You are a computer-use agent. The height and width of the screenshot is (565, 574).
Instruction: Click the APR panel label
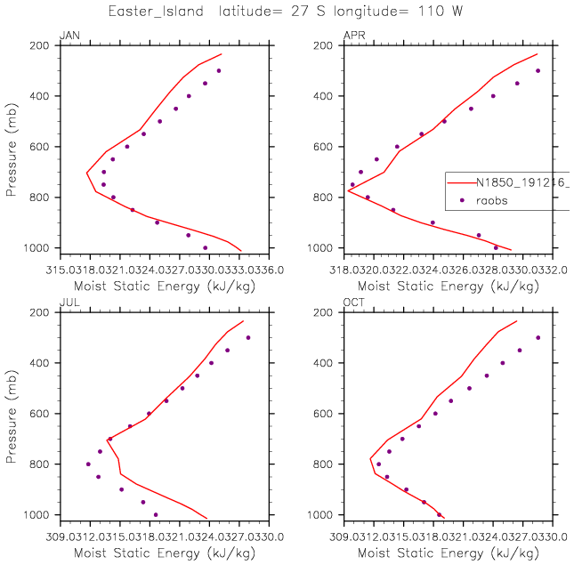[352, 36]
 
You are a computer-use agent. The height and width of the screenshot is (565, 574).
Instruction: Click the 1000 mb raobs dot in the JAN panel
[206, 247]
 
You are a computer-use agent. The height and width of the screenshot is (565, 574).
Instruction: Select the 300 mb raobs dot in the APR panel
[538, 70]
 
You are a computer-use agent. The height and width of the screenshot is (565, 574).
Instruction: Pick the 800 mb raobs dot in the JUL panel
[88, 464]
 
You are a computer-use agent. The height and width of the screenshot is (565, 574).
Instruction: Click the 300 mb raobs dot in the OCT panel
[538, 337]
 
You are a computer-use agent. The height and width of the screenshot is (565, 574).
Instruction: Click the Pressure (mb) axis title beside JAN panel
[12, 147]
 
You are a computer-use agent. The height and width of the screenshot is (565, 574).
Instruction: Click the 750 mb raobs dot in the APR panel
[352, 184]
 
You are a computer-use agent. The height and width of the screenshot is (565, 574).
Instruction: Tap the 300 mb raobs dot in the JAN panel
[218, 70]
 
